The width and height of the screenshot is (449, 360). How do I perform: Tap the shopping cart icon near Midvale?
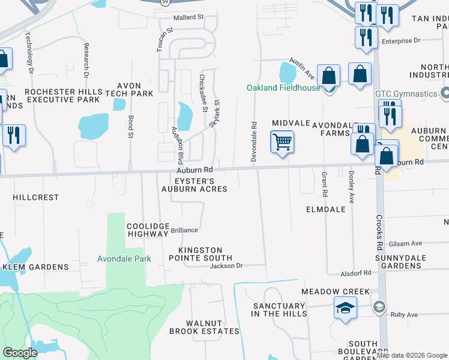pos(282,143)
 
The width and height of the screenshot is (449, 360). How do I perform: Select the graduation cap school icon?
pos(345,309)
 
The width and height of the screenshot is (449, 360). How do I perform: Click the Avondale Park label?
pos(124,259)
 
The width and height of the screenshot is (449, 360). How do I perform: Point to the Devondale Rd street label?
pos(254,142)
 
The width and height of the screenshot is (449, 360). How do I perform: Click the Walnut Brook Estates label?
pos(204,327)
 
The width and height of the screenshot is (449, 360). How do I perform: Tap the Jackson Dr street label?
pos(226,266)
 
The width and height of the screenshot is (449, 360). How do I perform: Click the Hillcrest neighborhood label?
pos(36,197)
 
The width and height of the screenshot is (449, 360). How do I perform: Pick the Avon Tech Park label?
pos(129,89)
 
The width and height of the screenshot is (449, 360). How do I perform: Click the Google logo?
pos(20,353)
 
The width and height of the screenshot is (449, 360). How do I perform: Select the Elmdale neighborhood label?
pos(325,210)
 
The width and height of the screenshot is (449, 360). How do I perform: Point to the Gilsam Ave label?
pos(405,244)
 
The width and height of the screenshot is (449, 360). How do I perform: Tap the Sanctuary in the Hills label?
pos(279,310)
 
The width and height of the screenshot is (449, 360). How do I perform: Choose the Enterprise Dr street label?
pos(401,41)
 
